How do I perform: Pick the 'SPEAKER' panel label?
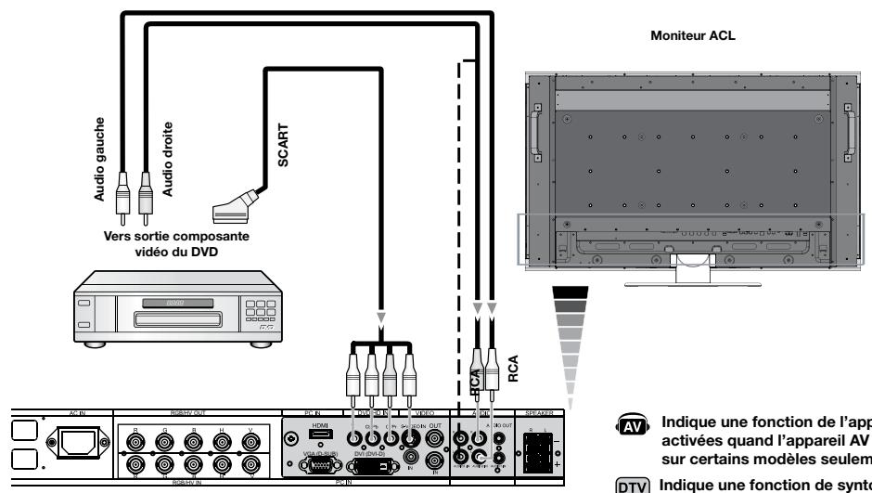[540, 410]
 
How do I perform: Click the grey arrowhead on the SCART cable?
[380, 316]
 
